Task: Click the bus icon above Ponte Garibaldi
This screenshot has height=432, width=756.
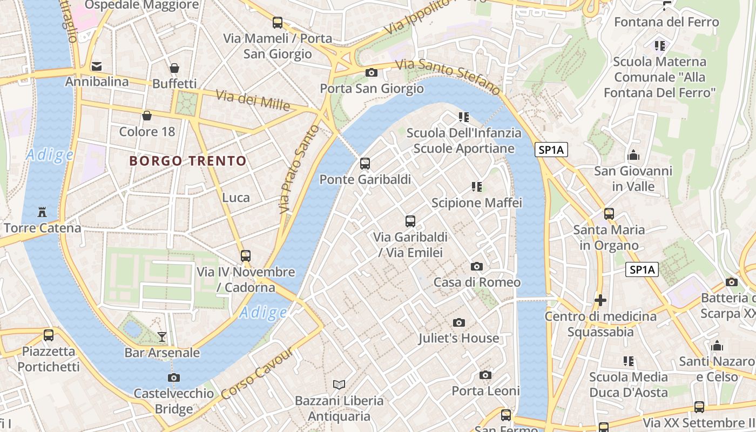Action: pyautogui.click(x=365, y=163)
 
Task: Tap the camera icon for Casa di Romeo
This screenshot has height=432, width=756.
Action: pyautogui.click(x=476, y=266)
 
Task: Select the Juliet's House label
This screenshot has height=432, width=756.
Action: pyautogui.click(x=458, y=338)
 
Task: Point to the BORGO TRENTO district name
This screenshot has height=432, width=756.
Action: pyautogui.click(x=188, y=160)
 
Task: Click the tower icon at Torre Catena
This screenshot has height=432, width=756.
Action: pyautogui.click(x=42, y=211)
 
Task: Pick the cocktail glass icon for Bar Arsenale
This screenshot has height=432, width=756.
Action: pyautogui.click(x=162, y=337)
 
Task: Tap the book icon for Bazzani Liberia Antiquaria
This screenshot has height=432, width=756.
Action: pyautogui.click(x=339, y=384)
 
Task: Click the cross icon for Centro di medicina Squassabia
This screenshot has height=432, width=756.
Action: pyautogui.click(x=600, y=300)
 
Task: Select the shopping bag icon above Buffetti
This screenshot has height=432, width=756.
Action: pyautogui.click(x=174, y=68)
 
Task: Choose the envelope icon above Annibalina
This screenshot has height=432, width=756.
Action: pyautogui.click(x=97, y=66)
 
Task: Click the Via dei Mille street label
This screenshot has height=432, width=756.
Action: pyautogui.click(x=253, y=100)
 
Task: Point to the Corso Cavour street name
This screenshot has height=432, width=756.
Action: pyautogui.click(x=257, y=374)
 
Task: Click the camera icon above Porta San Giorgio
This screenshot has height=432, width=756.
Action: pyautogui.click(x=372, y=72)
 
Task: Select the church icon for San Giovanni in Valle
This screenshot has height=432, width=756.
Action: pyautogui.click(x=633, y=156)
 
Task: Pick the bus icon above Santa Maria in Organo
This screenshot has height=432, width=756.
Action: pyautogui.click(x=609, y=214)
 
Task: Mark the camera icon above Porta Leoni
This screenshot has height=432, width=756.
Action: pyautogui.click(x=485, y=375)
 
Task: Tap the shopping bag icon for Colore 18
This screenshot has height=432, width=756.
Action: pyautogui.click(x=147, y=115)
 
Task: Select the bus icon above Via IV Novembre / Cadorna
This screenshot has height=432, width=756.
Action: pyautogui.click(x=246, y=255)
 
